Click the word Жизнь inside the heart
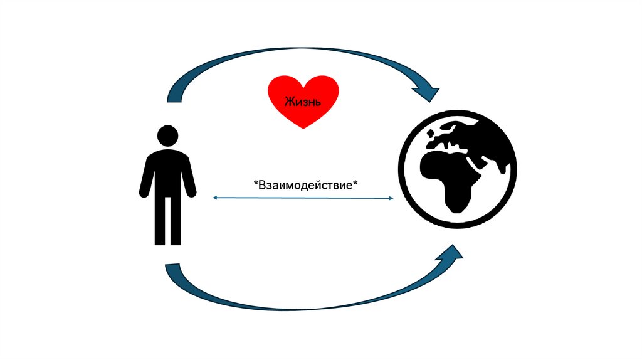pos(303,102)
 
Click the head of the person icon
pos(167,135)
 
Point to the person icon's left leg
pos(160,220)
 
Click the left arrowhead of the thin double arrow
pos(214,198)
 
